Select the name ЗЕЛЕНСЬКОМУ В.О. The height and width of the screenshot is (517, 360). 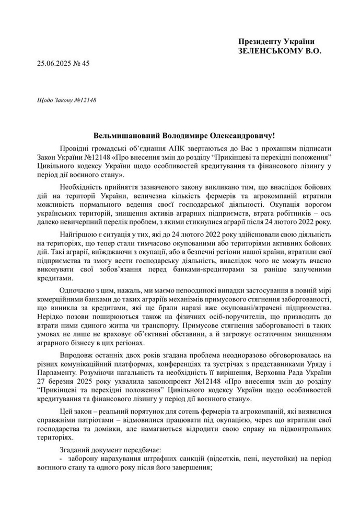point(280,51)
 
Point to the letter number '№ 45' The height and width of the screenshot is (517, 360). point(84,64)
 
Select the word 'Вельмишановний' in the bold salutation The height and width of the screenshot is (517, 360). point(127,135)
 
